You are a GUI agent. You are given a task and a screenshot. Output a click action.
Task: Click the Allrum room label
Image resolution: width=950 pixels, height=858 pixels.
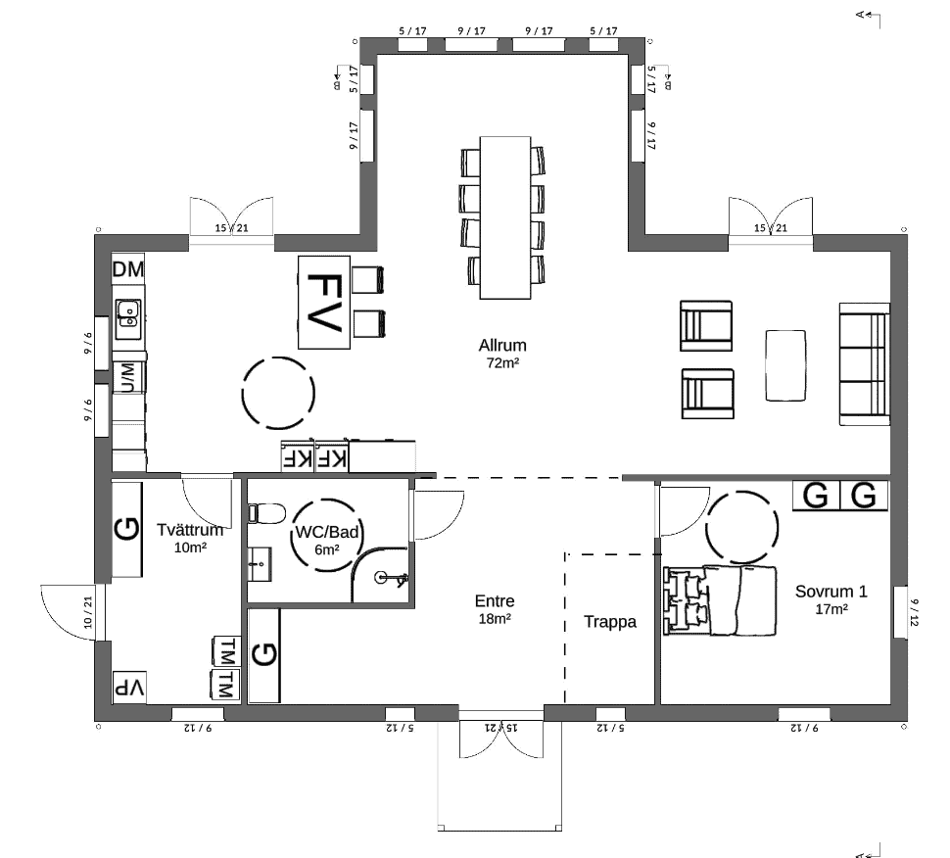pos(502,346)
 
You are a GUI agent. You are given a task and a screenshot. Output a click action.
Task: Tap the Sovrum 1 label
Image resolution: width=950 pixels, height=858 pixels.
pos(831,592)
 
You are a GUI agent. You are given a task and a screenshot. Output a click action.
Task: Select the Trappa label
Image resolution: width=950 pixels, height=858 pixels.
pos(610,622)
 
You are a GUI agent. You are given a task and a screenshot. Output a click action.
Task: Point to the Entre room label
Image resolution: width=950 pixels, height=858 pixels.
pos(495,601)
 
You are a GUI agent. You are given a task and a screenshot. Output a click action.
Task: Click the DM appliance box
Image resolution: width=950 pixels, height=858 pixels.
pos(128,269)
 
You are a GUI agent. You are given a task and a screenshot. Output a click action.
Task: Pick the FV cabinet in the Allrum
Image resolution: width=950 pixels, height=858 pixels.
pos(324,303)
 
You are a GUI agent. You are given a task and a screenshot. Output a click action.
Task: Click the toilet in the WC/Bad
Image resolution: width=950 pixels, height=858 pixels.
pos(266,514)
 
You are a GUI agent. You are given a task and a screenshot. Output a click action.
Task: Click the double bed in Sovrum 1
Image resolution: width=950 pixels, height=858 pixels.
pos(720,600)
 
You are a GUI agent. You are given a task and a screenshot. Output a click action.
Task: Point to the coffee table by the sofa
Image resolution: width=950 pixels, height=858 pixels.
pos(785,365)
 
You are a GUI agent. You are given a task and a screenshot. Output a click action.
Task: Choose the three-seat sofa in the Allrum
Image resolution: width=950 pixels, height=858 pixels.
pos(865,364)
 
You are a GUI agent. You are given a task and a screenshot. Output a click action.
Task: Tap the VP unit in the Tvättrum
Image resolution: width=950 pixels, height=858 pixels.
pos(129,688)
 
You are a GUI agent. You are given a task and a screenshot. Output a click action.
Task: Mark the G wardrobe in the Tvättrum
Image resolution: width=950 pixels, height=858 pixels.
pos(127,529)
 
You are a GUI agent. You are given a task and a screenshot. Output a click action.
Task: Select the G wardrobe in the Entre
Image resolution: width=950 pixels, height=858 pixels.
pos(264,655)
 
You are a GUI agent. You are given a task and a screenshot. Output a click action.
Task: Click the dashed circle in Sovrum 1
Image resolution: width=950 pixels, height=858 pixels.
pos(742,527)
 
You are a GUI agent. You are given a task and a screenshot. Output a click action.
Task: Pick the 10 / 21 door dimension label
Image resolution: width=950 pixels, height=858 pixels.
pos(88,612)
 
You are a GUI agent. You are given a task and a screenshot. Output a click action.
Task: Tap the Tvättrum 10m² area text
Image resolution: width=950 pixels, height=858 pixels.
pos(190,548)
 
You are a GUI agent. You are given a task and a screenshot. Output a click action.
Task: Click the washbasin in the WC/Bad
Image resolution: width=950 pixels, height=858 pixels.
pos(260,564)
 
